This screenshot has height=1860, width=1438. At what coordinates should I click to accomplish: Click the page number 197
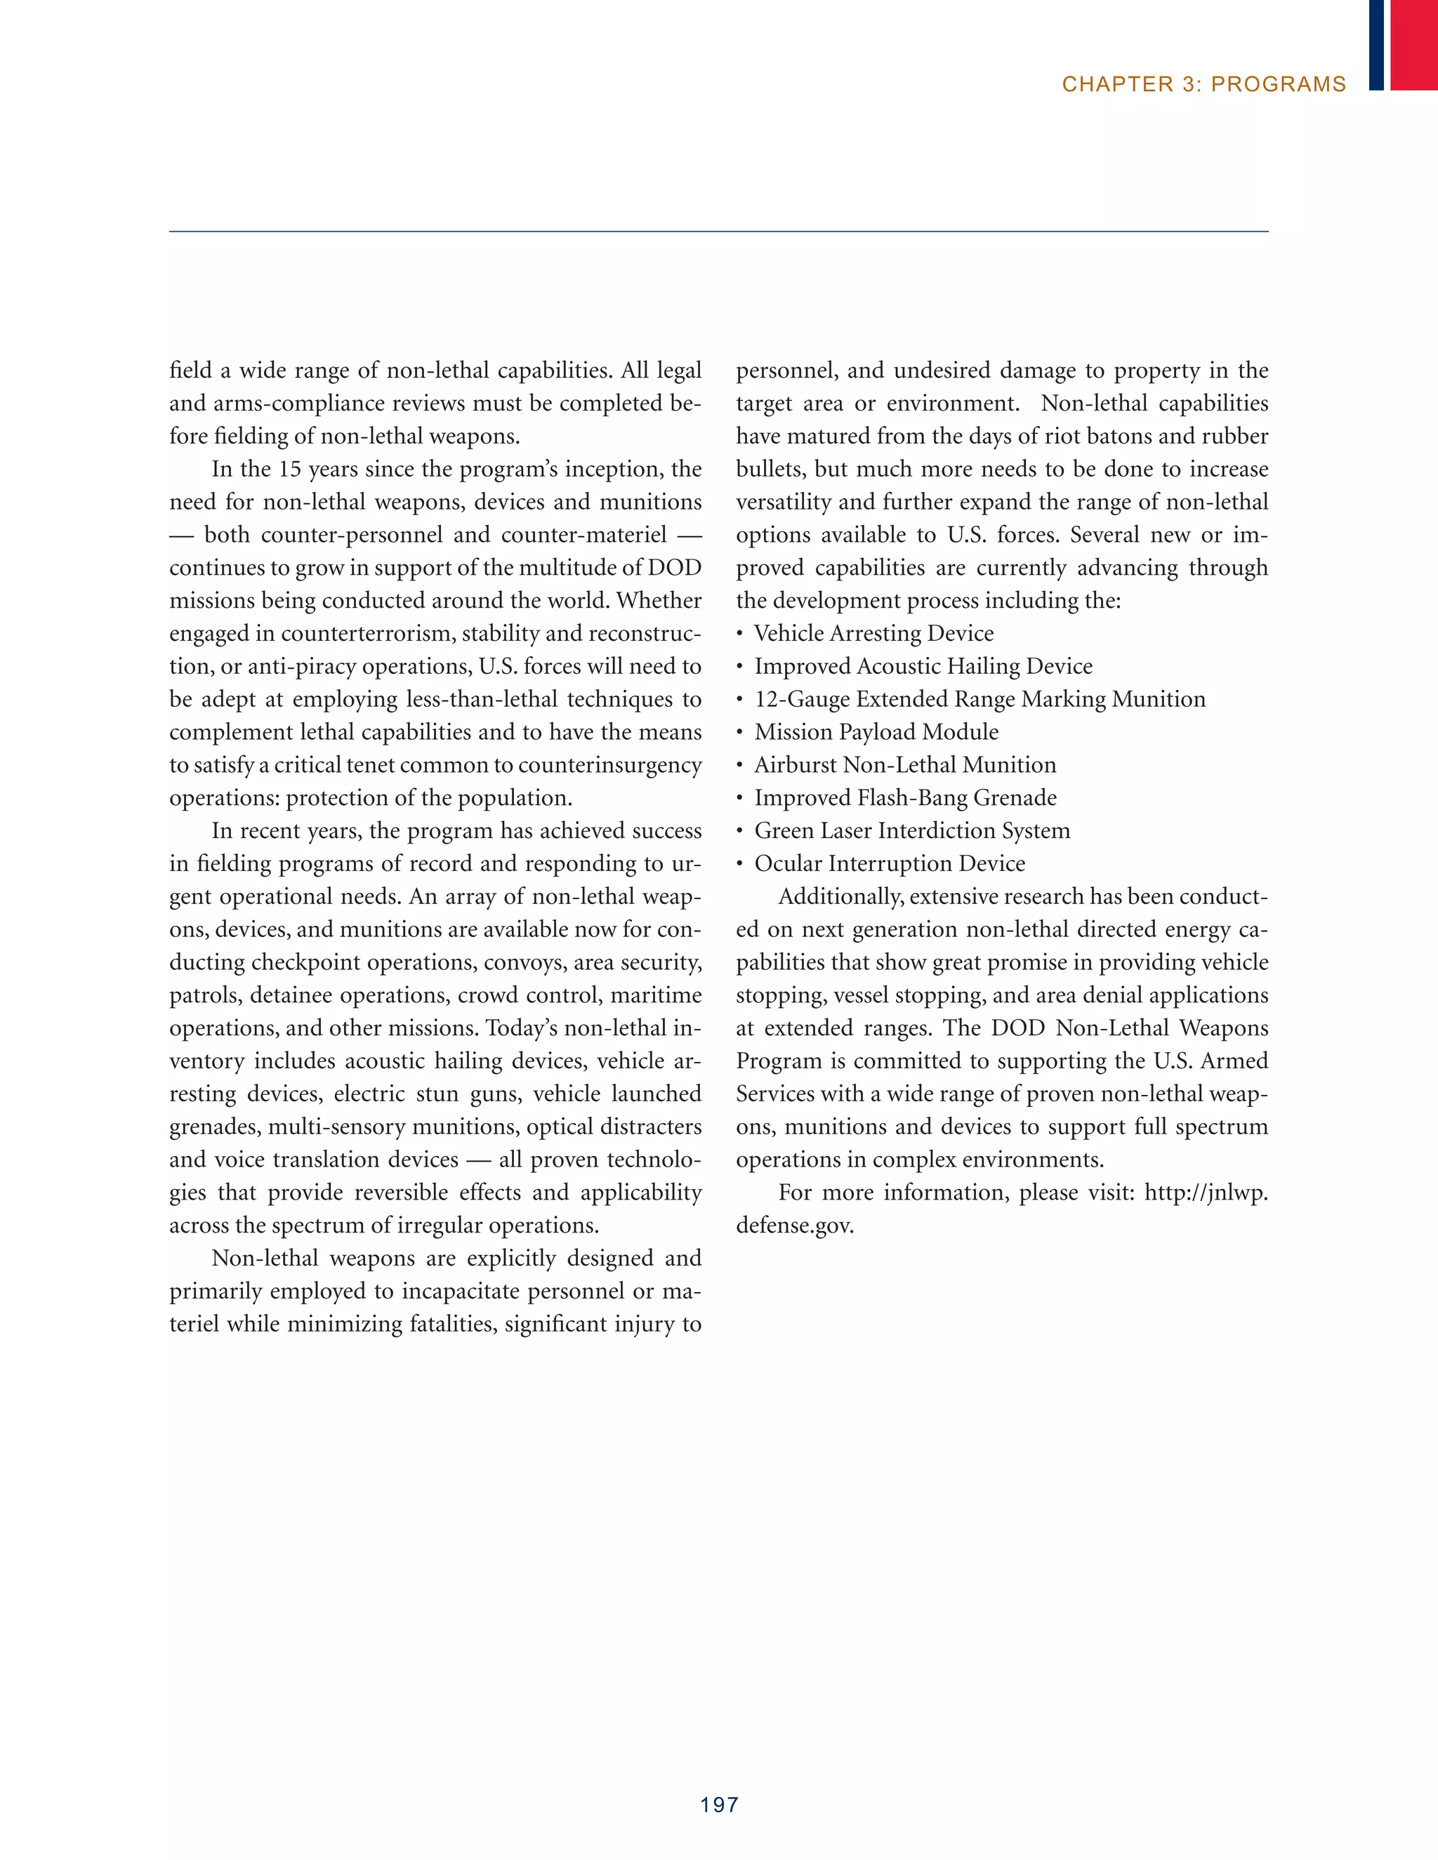[719, 1804]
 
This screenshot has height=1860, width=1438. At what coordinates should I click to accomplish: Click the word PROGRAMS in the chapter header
[1278, 84]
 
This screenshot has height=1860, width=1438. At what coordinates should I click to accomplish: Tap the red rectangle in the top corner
[1414, 44]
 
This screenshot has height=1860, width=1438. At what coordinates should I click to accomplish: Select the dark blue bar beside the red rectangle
[1376, 44]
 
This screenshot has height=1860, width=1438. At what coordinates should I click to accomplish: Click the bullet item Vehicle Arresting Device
[874, 634]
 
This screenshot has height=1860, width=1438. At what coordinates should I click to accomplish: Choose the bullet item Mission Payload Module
[876, 732]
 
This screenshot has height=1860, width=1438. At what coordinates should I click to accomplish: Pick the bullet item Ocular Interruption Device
[890, 863]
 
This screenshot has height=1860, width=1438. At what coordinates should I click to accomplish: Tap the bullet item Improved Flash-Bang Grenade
[906, 798]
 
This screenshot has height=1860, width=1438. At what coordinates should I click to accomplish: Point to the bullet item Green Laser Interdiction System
[912, 831]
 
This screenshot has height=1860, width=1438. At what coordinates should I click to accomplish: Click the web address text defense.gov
[794, 1226]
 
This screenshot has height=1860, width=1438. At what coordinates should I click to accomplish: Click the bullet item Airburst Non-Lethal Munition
[904, 766]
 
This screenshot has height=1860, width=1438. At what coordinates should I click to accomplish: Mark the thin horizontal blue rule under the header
[718, 232]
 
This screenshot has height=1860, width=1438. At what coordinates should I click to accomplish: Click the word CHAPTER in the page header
[1117, 84]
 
